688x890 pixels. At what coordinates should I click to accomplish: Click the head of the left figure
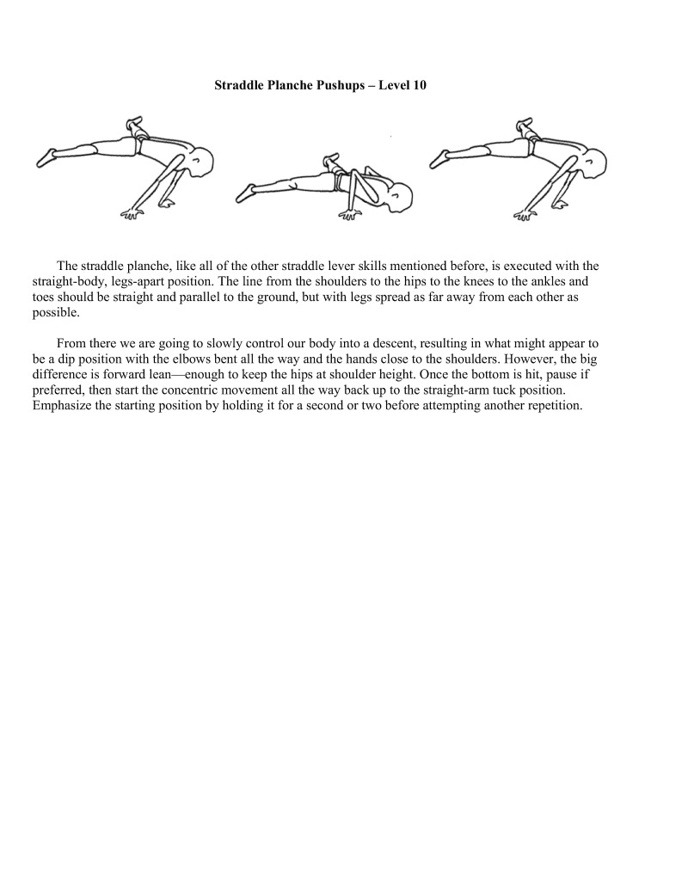click(x=201, y=160)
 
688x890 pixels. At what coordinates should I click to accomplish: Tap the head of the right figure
click(x=595, y=160)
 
